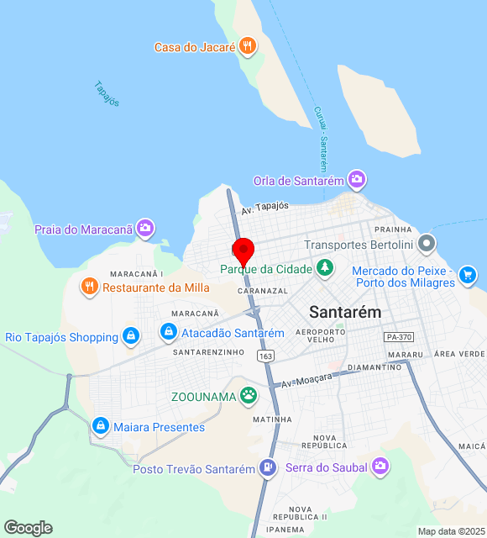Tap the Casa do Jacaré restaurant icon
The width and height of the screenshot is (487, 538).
[x=247, y=46]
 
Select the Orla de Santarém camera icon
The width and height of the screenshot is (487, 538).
[x=357, y=180]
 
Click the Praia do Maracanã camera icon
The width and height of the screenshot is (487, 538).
[x=145, y=228]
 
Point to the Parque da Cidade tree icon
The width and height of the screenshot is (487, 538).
[x=324, y=269]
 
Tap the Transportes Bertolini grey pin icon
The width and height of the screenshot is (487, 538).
[x=427, y=245]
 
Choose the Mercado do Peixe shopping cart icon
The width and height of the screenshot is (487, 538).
[x=468, y=274]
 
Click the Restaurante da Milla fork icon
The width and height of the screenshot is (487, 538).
[x=89, y=287]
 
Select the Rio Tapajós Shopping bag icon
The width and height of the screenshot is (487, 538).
[x=130, y=337]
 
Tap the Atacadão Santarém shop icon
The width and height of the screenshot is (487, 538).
[x=170, y=333]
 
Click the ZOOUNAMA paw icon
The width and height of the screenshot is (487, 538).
[x=248, y=394]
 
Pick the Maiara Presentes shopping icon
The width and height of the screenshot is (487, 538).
[x=101, y=427]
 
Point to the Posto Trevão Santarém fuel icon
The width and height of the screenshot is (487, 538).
[x=267, y=468]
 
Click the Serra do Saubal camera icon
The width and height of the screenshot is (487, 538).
[x=380, y=466]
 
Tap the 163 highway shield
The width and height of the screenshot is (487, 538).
[x=265, y=356]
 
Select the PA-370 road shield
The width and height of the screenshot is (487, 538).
[x=399, y=336]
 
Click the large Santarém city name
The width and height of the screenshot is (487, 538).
[x=344, y=311]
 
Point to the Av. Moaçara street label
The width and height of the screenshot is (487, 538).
[x=307, y=378]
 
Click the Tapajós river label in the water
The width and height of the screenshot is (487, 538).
[x=107, y=93]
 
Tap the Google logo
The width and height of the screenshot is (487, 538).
[x=28, y=527]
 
